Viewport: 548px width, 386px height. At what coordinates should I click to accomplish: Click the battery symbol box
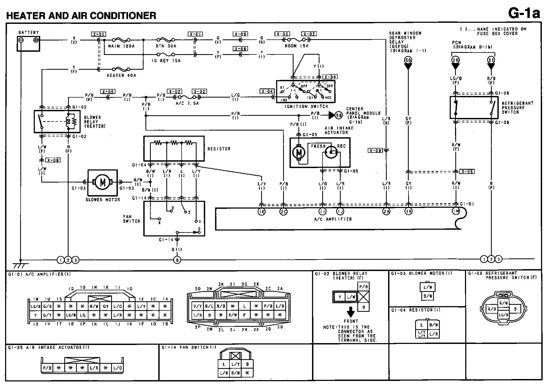(x=28, y=44)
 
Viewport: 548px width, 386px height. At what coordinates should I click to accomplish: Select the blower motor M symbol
(x=103, y=182)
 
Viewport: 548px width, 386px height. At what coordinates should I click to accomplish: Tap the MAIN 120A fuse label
(x=121, y=46)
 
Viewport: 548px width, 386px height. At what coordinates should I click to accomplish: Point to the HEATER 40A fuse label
(x=121, y=76)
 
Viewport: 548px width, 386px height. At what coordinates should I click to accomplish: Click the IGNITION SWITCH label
(x=306, y=106)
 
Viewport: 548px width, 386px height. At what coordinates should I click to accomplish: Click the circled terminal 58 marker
(x=408, y=60)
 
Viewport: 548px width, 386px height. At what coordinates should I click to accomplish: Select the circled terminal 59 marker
(x=339, y=115)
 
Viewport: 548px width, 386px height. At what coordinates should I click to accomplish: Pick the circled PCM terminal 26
(x=455, y=60)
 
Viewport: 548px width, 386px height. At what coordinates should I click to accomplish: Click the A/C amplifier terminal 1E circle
(x=261, y=212)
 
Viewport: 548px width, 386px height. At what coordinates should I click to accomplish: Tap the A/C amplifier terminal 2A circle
(x=386, y=211)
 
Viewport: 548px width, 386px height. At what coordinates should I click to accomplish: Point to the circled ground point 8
(x=177, y=260)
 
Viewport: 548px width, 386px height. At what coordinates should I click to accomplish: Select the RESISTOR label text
(x=219, y=149)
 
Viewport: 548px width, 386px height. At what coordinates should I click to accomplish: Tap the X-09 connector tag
(x=375, y=151)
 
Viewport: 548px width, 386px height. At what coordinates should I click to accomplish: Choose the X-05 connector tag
(x=467, y=172)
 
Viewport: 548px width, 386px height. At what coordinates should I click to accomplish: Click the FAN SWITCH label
(x=132, y=219)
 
